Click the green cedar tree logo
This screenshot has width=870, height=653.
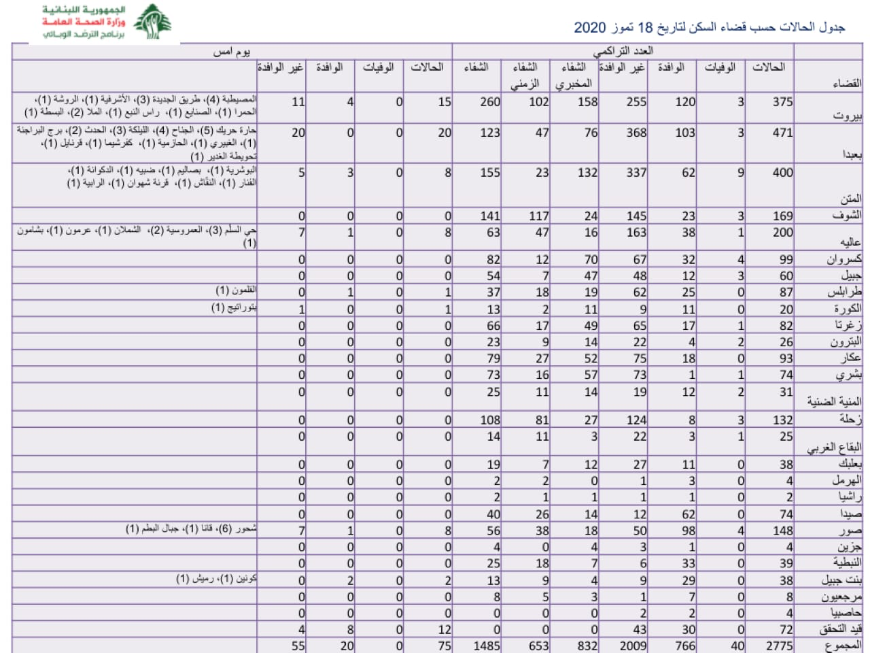152,22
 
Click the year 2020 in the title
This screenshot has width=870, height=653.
589,28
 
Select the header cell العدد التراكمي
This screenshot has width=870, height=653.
623,51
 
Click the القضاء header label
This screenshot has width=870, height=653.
847,83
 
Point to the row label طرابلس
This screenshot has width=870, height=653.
844,292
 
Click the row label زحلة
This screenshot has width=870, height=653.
848,420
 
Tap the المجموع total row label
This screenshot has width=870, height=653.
843,645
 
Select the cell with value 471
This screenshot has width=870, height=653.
782,133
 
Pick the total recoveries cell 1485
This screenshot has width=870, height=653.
487,646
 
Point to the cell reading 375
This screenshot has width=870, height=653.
782,101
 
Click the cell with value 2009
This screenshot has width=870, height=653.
633,646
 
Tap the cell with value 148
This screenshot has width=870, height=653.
783,531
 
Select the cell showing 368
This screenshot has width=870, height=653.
636,133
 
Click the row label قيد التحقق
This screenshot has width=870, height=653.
840,629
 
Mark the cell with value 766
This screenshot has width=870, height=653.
685,646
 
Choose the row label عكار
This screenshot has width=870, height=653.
850,358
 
